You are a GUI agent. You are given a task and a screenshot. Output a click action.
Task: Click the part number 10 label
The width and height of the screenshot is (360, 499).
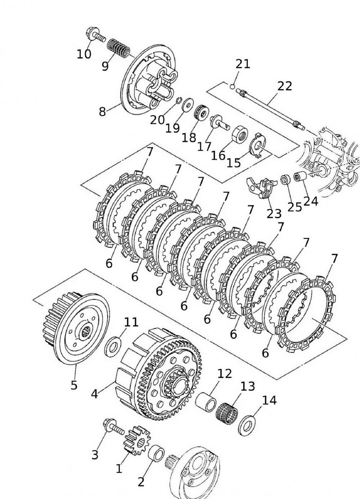click(84, 53)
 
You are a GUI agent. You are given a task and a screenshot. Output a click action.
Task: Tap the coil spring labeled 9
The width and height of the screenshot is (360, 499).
click(119, 48)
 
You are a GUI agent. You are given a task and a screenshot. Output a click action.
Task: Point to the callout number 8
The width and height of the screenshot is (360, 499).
click(102, 111)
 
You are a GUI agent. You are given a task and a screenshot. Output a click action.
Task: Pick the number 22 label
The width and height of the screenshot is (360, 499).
click(285, 86)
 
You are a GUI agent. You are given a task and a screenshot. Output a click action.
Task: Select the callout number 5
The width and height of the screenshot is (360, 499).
click(74, 385)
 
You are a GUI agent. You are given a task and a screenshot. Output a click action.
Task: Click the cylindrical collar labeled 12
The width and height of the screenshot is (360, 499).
click(205, 401)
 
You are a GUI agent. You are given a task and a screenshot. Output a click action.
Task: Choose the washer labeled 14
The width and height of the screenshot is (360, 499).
click(246, 424)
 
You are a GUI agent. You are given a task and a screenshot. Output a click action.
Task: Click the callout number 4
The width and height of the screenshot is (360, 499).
click(94, 394)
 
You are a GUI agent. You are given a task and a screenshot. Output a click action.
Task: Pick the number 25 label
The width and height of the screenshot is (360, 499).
click(294, 206)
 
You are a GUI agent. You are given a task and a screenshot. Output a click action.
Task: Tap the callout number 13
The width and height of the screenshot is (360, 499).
click(247, 386)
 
